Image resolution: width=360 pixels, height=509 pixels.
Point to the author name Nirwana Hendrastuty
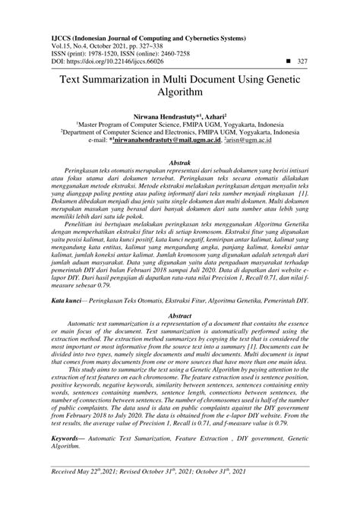(159, 112)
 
